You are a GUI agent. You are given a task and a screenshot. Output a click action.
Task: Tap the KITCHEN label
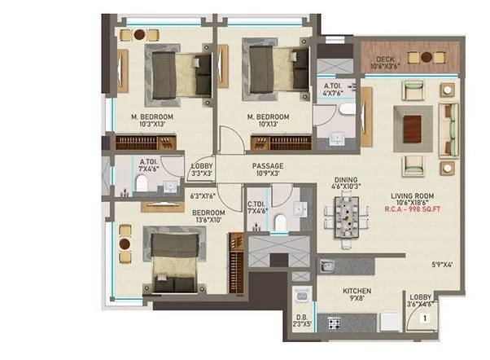[x=357, y=290]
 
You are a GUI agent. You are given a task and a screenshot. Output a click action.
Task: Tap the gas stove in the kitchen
[x=334, y=323]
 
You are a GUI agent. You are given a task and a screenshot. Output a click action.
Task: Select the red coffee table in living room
[x=415, y=125]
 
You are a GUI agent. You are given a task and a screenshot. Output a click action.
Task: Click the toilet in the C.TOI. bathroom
[x=279, y=220]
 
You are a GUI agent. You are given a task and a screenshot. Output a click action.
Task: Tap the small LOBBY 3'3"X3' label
[x=201, y=169]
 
